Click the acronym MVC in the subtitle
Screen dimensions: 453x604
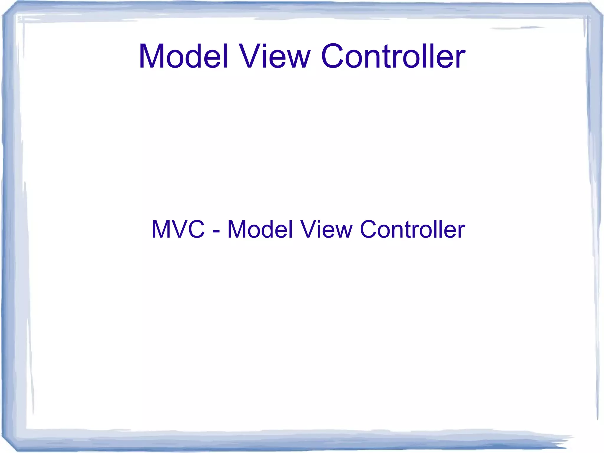tap(178, 229)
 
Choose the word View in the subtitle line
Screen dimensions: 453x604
tap(326, 229)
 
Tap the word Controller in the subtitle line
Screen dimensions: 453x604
tap(412, 229)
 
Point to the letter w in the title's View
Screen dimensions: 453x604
tap(298, 59)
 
